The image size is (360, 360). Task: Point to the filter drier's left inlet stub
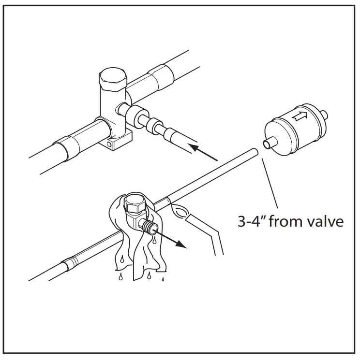tap(268, 144)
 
